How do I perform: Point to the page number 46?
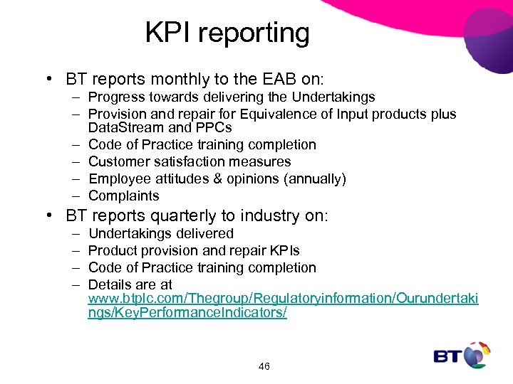pos(264,366)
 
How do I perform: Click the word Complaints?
pos(123,196)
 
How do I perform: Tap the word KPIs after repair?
pos(284,250)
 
